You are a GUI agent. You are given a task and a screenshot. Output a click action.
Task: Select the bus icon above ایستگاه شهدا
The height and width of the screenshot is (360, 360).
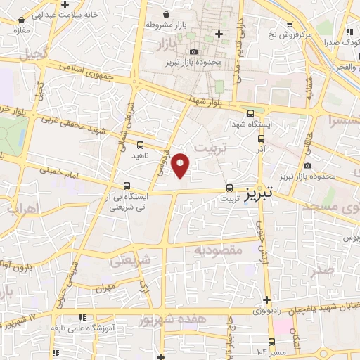coord(251,113)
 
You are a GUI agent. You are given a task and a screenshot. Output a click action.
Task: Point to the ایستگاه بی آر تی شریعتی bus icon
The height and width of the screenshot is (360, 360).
coord(126,187)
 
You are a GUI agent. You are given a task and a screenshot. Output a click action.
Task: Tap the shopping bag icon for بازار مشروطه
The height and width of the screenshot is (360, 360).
coord(166,15)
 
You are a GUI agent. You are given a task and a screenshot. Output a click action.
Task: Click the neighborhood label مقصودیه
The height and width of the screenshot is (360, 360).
coord(218,250)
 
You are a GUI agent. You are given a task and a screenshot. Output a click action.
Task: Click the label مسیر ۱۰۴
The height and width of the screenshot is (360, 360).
coord(274,350)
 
